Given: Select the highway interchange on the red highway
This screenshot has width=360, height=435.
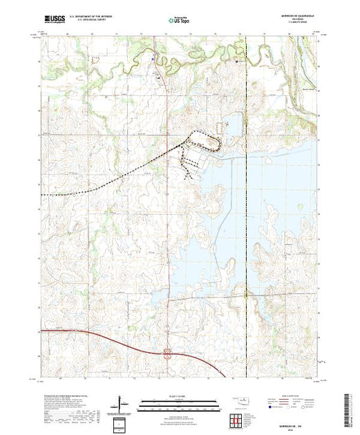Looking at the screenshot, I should pyautogui.click(x=167, y=355).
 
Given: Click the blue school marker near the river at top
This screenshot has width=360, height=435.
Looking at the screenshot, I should pyautogui.click(x=153, y=59).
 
